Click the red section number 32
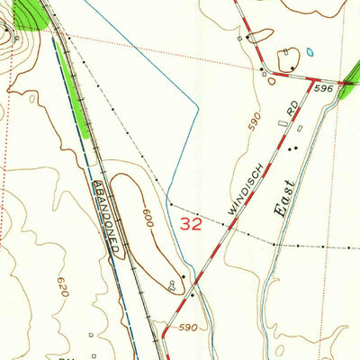pyautogui.click(x=191, y=224)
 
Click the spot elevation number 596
pyautogui.click(x=324, y=88)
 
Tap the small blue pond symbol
pyautogui.click(x=310, y=51)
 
